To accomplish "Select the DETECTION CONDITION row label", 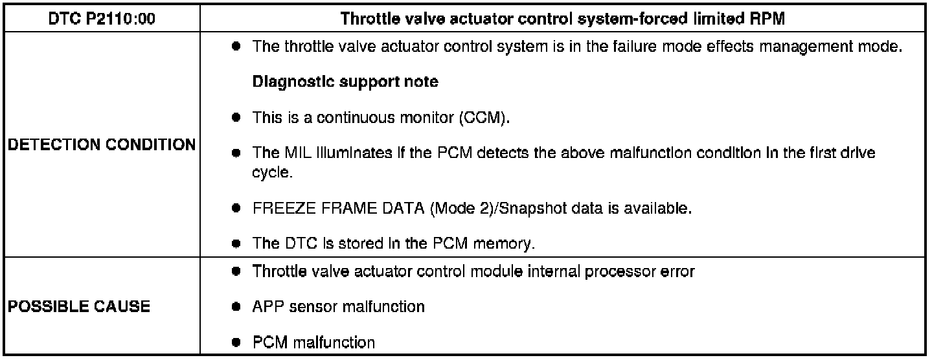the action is pos(101,145).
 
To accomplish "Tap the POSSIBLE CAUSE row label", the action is pos(78,306).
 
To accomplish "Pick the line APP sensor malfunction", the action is pos(338,306).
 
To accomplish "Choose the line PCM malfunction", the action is pos(314,341).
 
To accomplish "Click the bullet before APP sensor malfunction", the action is pos(238,306).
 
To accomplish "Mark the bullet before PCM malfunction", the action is pos(238,341).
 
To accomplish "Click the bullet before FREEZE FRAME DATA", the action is pos(238,209).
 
